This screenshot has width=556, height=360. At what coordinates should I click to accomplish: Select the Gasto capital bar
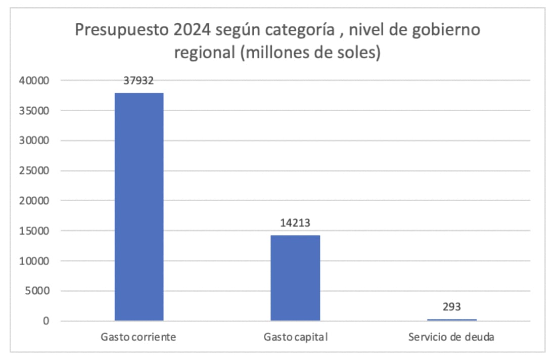coord(295,278)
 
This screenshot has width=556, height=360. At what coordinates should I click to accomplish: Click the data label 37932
coord(138,80)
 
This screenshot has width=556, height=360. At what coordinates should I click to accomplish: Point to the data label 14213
coord(295,223)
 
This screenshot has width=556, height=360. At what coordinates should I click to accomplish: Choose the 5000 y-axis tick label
coord(37,291)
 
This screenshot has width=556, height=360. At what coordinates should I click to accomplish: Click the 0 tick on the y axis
coord(46,321)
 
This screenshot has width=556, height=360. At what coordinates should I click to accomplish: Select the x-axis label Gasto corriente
coord(138,337)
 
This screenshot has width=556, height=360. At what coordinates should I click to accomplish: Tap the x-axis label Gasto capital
coord(295,337)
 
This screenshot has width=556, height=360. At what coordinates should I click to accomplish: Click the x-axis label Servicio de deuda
coord(451,337)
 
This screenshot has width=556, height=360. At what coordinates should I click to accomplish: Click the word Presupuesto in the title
coord(120,30)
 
